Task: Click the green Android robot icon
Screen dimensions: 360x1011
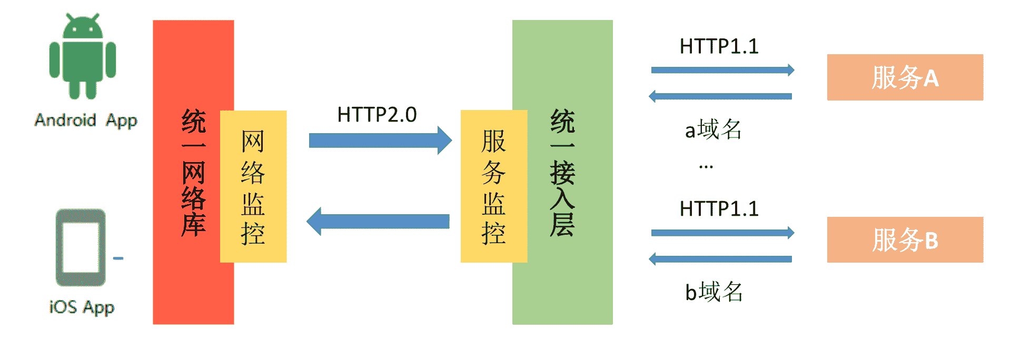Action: pos(83,57)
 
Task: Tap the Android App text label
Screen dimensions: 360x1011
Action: pos(86,121)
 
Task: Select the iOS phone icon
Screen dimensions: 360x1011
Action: pos(81,247)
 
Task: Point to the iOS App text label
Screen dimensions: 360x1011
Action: pos(82,307)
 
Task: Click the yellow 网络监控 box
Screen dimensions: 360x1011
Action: pos(253,186)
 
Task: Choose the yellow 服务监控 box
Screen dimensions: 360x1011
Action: pos(493,186)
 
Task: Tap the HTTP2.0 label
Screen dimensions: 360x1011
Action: pos(377,114)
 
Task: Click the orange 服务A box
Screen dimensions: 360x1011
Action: pos(905,77)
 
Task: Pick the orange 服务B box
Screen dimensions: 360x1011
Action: pos(905,239)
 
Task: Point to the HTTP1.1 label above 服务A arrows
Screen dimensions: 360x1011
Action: pos(719,46)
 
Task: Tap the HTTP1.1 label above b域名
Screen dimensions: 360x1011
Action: pos(719,209)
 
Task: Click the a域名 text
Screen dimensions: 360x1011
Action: pos(713,129)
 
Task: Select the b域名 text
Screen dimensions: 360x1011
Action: pos(713,292)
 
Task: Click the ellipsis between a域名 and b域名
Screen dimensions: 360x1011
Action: pos(706,167)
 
